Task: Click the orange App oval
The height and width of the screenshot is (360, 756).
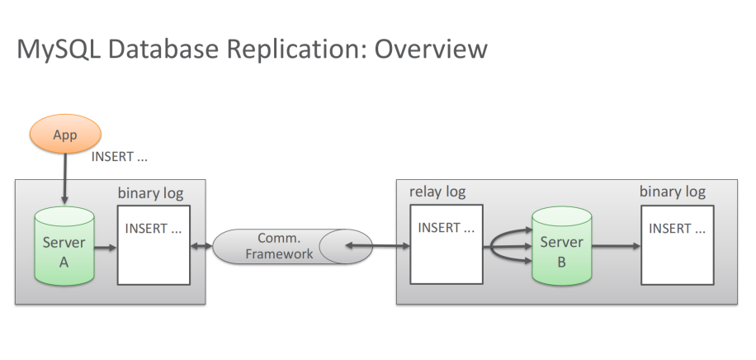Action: click(x=65, y=134)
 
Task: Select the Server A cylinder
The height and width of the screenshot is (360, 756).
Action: click(x=64, y=246)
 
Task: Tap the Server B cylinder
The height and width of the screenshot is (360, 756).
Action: click(x=562, y=246)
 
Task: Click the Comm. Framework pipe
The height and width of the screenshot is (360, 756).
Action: click(x=292, y=246)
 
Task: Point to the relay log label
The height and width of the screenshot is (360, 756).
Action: click(x=437, y=192)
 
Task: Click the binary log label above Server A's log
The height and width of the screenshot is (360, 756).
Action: click(x=150, y=193)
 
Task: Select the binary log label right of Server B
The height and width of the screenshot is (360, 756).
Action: click(x=672, y=192)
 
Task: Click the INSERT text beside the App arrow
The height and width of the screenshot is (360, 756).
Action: click(x=119, y=157)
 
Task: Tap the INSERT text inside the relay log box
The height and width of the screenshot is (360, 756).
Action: click(x=446, y=228)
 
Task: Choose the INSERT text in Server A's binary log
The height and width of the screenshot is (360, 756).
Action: click(x=154, y=228)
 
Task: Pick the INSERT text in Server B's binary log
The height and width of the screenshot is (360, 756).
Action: click(x=677, y=228)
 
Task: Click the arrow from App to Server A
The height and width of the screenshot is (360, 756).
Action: click(x=64, y=179)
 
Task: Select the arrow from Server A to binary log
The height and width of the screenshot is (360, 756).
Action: click(x=106, y=248)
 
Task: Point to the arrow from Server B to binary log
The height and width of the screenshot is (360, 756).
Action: click(x=617, y=246)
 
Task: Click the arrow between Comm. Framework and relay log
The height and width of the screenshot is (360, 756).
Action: click(x=377, y=246)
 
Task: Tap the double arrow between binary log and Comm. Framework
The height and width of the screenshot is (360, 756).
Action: click(x=201, y=246)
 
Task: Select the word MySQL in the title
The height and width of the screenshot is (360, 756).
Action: click(x=59, y=50)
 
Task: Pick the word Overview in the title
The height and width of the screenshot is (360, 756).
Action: click(x=431, y=50)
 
